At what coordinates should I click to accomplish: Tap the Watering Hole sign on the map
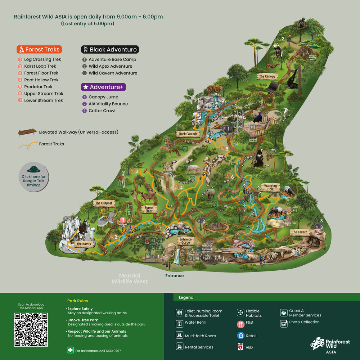270,188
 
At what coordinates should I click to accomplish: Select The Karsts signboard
84,244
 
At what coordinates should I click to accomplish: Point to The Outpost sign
104,203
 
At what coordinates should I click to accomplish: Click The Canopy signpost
267,77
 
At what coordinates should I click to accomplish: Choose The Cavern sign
300,232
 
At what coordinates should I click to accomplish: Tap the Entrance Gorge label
186,241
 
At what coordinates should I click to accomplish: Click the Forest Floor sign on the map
149,210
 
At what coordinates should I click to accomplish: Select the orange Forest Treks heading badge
39,49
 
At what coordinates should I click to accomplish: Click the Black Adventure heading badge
109,49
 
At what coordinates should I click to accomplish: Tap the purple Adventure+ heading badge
103,87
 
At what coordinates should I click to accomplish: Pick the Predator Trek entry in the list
38,87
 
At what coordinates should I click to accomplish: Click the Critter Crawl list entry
102,111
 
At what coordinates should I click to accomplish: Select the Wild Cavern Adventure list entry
113,73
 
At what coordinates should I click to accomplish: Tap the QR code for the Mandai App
31,329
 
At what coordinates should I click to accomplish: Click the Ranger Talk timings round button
33,177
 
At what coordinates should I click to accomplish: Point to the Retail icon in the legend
241,336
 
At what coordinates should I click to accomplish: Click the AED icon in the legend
241,347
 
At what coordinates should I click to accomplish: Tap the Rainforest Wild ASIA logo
325,345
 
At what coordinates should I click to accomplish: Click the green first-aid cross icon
70,350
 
